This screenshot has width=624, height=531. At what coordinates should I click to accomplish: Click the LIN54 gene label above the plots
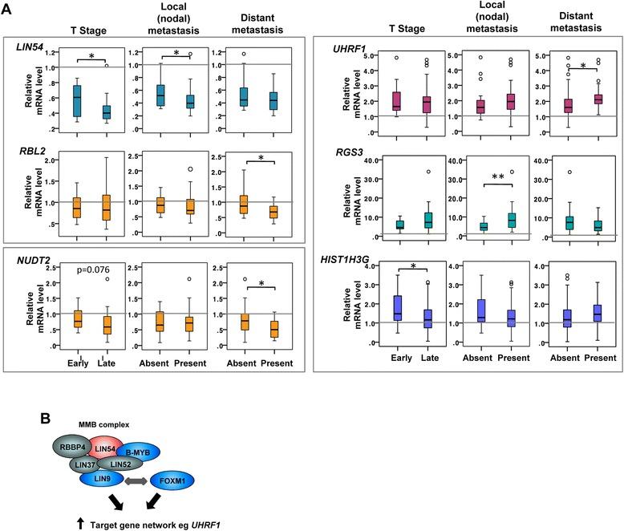tap(30, 47)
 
